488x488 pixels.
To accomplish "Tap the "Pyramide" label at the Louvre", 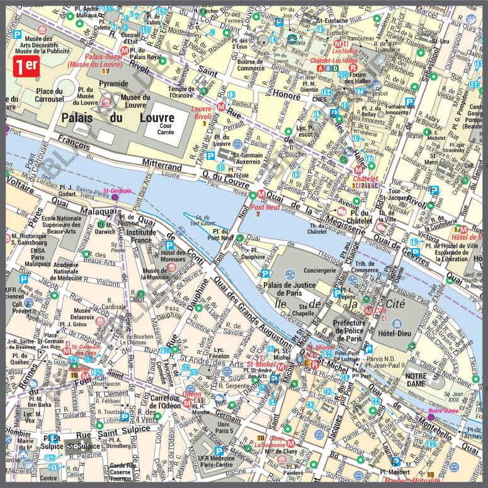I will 113,83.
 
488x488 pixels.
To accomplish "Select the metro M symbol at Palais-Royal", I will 125,50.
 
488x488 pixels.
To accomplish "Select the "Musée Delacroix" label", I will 81,314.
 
